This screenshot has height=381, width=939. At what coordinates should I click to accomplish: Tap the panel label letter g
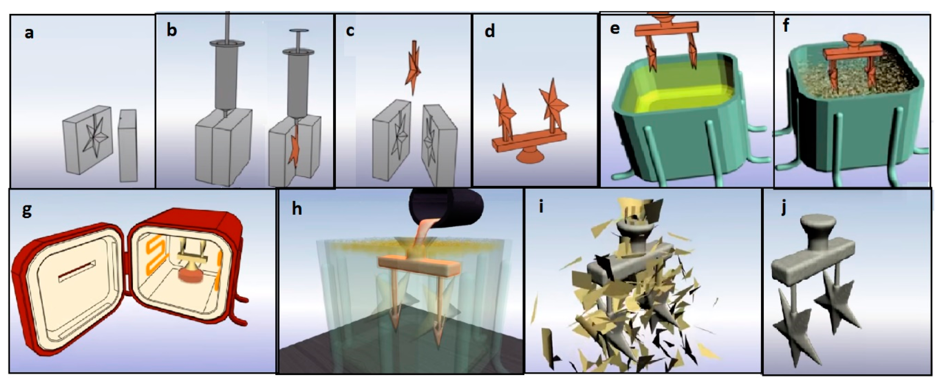(27, 211)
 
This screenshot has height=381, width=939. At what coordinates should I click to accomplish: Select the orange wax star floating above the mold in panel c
(413, 67)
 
